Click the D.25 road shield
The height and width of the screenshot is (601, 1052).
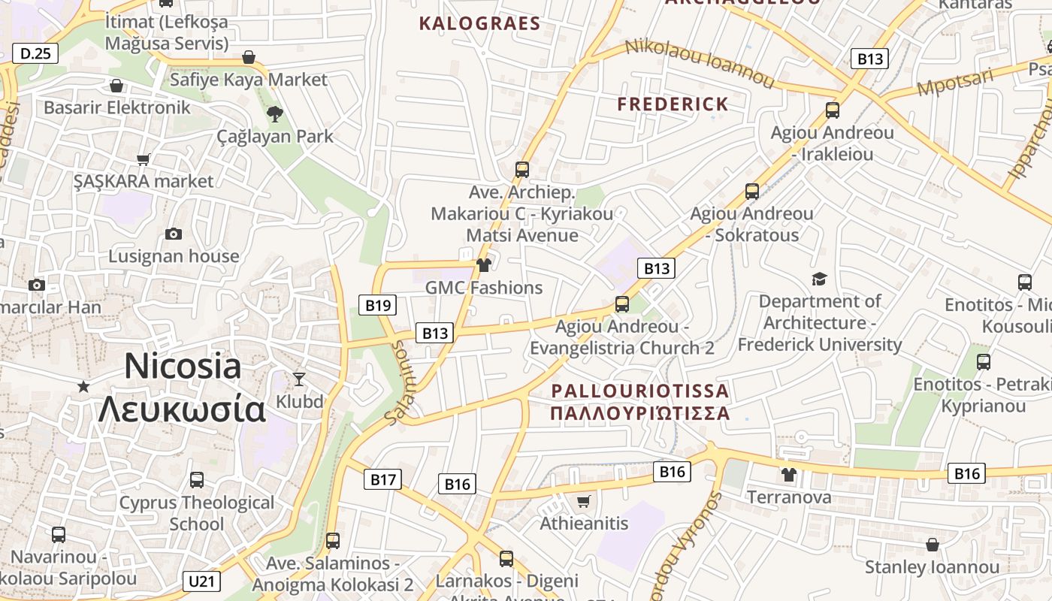(35, 53)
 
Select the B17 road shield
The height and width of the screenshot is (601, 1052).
(382, 479)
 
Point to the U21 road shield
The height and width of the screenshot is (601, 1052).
(201, 581)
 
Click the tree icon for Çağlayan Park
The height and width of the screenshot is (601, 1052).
(275, 113)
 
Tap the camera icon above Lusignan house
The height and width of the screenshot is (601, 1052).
(174, 234)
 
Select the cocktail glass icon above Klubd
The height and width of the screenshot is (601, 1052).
(299, 379)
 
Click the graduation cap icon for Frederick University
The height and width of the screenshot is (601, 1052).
(819, 279)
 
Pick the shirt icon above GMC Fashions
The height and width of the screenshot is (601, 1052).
(483, 264)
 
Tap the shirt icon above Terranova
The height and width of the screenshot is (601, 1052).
(788, 474)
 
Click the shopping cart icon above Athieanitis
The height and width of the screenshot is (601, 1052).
(584, 500)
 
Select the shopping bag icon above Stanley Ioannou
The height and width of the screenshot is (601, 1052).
(932, 544)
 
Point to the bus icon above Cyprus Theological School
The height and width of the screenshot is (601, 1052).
(197, 479)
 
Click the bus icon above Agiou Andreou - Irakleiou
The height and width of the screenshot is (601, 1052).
(832, 110)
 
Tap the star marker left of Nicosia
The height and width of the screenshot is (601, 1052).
(83, 386)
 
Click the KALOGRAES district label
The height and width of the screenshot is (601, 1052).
(479, 23)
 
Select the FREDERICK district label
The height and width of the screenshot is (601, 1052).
(673, 104)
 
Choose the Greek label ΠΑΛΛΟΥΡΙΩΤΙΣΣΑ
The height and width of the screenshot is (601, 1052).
(639, 413)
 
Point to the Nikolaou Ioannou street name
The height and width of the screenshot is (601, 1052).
(699, 63)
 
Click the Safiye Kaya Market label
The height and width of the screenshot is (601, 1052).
(249, 80)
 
